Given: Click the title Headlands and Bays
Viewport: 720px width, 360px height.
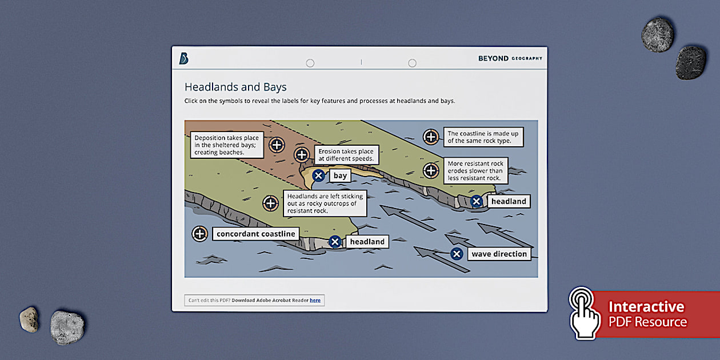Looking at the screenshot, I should coord(235,87).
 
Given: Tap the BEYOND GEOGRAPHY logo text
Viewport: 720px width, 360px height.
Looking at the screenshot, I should coord(510,58).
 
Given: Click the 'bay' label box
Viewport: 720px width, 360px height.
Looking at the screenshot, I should coord(340,175).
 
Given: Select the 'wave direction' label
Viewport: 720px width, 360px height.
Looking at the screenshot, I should coord(499,254).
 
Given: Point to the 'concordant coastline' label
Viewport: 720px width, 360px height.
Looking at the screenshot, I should coord(256,234).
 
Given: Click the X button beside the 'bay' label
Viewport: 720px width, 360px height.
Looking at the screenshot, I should coord(319,175).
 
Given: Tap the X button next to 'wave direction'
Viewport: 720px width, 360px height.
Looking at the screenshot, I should coord(457,254).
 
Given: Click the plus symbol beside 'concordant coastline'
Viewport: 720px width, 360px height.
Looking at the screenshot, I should coord(199,233).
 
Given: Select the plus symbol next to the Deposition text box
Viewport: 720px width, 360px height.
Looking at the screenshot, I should coord(277,145).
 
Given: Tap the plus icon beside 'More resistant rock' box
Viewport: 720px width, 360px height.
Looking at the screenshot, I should coord(431,170).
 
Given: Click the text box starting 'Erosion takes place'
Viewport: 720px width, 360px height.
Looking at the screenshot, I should coord(346,155).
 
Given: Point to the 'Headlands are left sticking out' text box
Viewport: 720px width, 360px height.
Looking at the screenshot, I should coord(325,203).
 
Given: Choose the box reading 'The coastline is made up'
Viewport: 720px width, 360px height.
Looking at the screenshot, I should coord(483,137).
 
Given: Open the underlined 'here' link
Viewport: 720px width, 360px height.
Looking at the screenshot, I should coord(315,300).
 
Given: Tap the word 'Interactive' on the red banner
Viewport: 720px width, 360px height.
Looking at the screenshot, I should coord(646,307).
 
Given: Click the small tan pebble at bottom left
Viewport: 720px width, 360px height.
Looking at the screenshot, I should coord(29,319).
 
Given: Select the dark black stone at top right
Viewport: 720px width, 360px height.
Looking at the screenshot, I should coord(691,62).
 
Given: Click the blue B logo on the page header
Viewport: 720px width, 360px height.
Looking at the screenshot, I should coord(183,58).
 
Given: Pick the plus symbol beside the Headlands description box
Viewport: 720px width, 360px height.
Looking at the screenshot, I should coord(270,203).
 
